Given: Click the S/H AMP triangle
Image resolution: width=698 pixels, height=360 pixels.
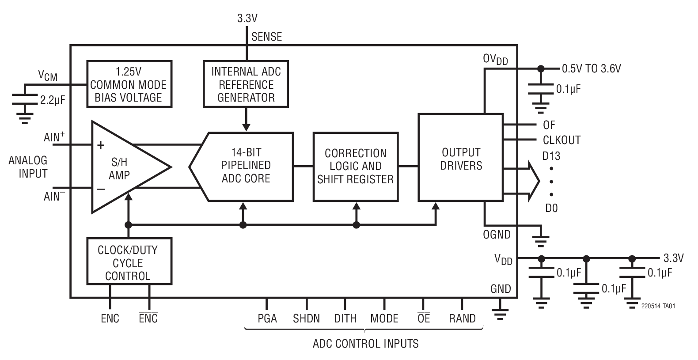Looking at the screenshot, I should coord(121,168).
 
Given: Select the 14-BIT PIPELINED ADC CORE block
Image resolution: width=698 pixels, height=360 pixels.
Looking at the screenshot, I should coord(246,166).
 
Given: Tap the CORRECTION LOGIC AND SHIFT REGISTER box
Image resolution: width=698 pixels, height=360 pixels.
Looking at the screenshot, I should coord(355,166).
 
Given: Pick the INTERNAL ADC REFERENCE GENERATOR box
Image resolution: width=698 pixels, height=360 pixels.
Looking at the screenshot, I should coord(246,84).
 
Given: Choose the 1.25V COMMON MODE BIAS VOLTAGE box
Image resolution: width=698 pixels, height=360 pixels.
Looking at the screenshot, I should coord(129,84).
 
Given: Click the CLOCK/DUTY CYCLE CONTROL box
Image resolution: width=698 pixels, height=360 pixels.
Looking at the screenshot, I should coord(129,262).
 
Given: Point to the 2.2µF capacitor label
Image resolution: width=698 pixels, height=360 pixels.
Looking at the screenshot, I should coord(52,100).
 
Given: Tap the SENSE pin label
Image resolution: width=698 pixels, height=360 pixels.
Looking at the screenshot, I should coord(266,37).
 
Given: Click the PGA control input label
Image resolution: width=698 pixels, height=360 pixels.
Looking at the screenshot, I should coord(267,318).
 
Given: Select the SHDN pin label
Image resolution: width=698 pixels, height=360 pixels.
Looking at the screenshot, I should coord(306,318).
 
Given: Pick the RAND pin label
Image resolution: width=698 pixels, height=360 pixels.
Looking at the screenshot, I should coord(462,318).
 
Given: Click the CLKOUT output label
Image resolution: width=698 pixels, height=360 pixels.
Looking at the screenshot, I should coord(561,140).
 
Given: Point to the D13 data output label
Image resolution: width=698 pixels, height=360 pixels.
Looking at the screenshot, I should coord(551,156).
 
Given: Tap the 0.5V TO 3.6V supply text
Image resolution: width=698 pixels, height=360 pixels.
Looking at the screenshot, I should coord(591,68).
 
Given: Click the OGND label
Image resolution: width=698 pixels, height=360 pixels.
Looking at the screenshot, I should coord(497,235).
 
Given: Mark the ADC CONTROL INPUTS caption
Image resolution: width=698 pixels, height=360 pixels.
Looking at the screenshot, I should coord(365,344).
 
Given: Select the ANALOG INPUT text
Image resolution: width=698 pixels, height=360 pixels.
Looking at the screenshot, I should coord(28,167).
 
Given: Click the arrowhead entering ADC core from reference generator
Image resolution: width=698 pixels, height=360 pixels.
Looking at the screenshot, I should coord(246,127).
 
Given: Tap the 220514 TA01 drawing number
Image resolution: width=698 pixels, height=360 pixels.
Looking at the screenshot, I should coord(658,306).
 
